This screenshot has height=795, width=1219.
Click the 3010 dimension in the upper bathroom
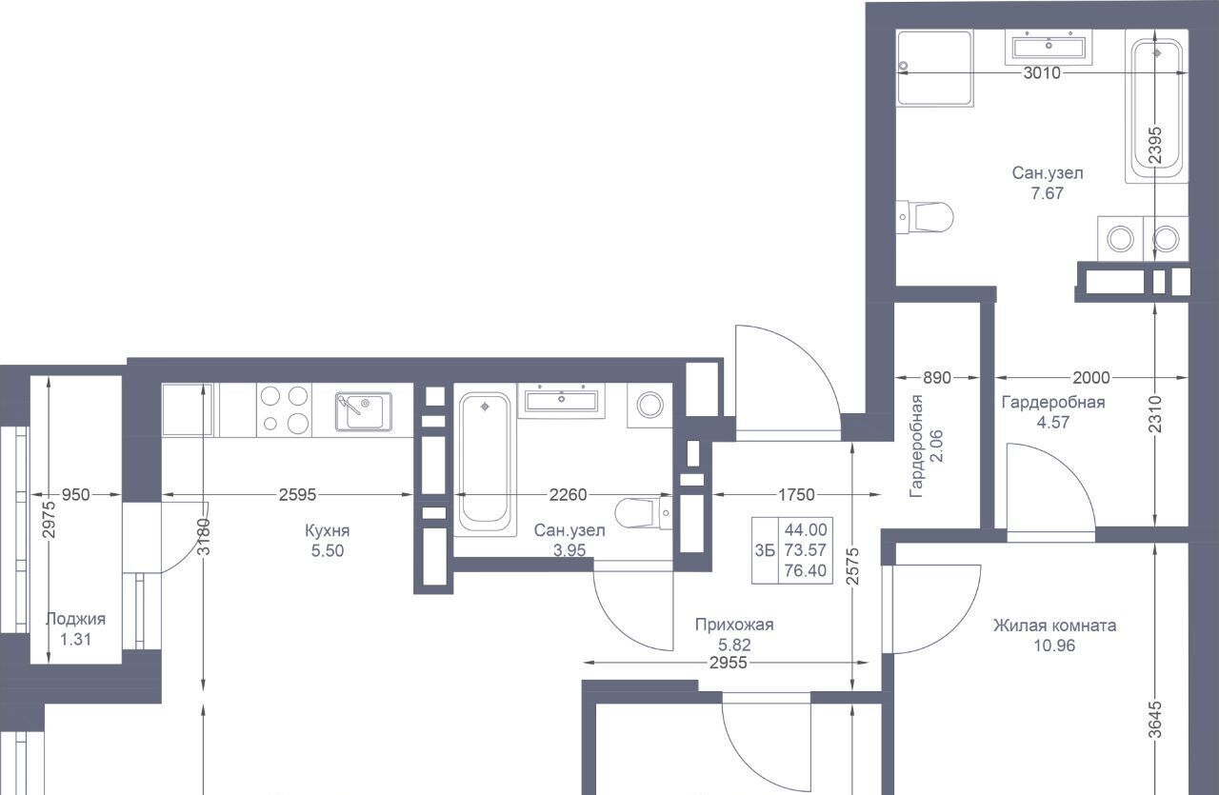pyautogui.click(x=1042, y=73)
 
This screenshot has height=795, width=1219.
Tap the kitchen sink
pyautogui.click(x=363, y=411)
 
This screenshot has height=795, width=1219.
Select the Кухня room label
pyautogui.click(x=327, y=530)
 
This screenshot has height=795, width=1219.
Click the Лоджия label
pyautogui.click(x=75, y=619)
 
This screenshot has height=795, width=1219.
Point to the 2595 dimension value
pyautogui.click(x=297, y=495)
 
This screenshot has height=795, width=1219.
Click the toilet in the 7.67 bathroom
pyautogui.click(x=925, y=217)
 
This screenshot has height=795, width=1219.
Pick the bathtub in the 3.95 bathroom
pyautogui.click(x=485, y=464)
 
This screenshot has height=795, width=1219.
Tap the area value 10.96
pyautogui.click(x=1054, y=646)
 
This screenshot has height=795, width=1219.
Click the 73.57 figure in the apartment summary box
pyautogui.click(x=806, y=550)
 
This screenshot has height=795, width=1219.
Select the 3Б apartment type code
pyautogui.click(x=764, y=550)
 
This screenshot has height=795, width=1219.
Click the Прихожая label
pyautogui.click(x=734, y=625)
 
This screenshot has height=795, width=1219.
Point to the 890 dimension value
pyautogui.click(x=936, y=378)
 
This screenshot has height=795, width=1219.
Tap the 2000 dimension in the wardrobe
pyautogui.click(x=1091, y=378)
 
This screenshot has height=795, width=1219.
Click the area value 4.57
pyautogui.click(x=1053, y=423)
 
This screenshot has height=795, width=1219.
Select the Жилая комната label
pyautogui.click(x=1054, y=626)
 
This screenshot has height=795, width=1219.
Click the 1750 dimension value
pyautogui.click(x=796, y=495)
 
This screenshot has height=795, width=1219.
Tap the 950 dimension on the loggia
pyautogui.click(x=75, y=495)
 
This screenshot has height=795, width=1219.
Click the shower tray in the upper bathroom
pyautogui.click(x=934, y=68)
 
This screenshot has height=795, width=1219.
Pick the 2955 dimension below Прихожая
pyautogui.click(x=729, y=663)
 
